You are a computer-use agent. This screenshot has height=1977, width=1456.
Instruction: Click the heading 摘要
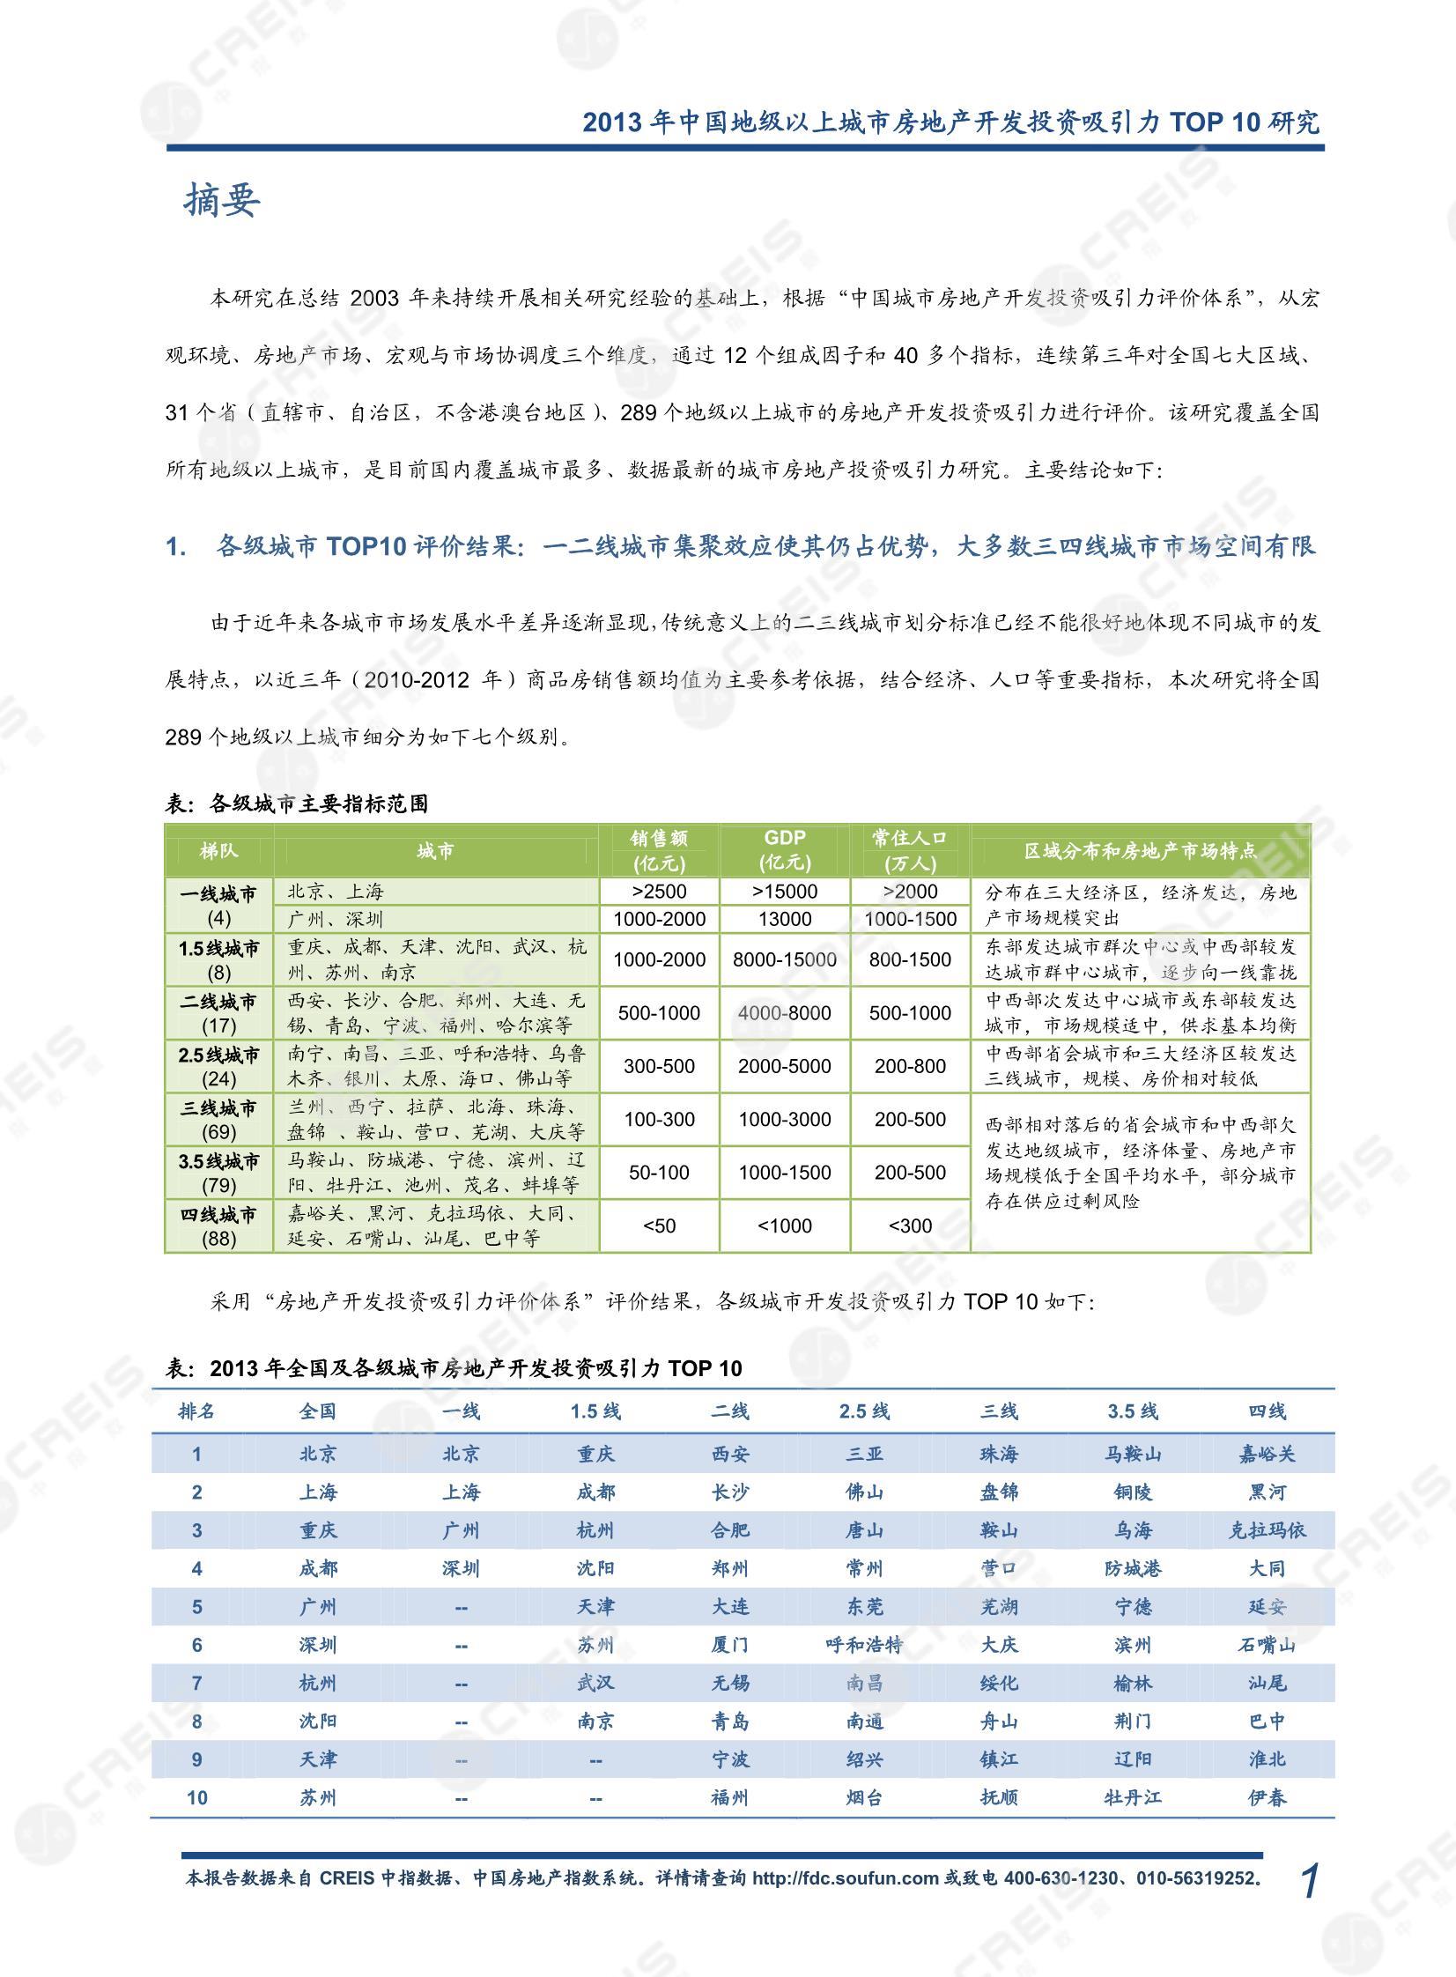[221, 201]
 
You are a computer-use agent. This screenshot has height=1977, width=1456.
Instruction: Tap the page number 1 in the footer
[1310, 1881]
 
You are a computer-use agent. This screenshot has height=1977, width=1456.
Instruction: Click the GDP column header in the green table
[785, 849]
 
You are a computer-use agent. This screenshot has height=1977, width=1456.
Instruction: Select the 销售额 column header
[658, 849]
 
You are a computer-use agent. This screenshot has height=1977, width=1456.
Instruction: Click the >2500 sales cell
[659, 891]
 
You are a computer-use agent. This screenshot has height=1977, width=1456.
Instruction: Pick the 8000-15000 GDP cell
[785, 959]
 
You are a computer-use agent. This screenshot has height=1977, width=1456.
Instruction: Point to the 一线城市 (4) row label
[218, 905]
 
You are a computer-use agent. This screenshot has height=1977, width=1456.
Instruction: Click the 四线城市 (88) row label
[218, 1226]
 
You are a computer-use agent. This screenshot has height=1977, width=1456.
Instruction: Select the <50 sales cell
[659, 1226]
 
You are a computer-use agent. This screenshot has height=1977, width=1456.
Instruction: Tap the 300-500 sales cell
[659, 1067]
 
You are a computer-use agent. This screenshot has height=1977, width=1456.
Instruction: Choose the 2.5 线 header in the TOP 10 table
[864, 1411]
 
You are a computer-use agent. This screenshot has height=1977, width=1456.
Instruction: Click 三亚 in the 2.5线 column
[864, 1454]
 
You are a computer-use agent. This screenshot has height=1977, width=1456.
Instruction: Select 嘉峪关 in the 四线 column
[1267, 1454]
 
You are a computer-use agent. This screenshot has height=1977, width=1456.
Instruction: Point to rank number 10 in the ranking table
[196, 1797]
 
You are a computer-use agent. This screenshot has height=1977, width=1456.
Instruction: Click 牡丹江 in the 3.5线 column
[1133, 1797]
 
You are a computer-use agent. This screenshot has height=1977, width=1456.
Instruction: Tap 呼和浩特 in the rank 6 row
[864, 1645]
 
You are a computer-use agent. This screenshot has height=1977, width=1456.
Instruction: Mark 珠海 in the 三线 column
[999, 1454]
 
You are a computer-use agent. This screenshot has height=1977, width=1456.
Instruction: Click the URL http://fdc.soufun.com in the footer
[846, 1878]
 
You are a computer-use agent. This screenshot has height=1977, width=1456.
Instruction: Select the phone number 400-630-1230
[1059, 1878]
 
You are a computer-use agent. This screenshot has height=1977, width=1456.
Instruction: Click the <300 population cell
[910, 1226]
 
